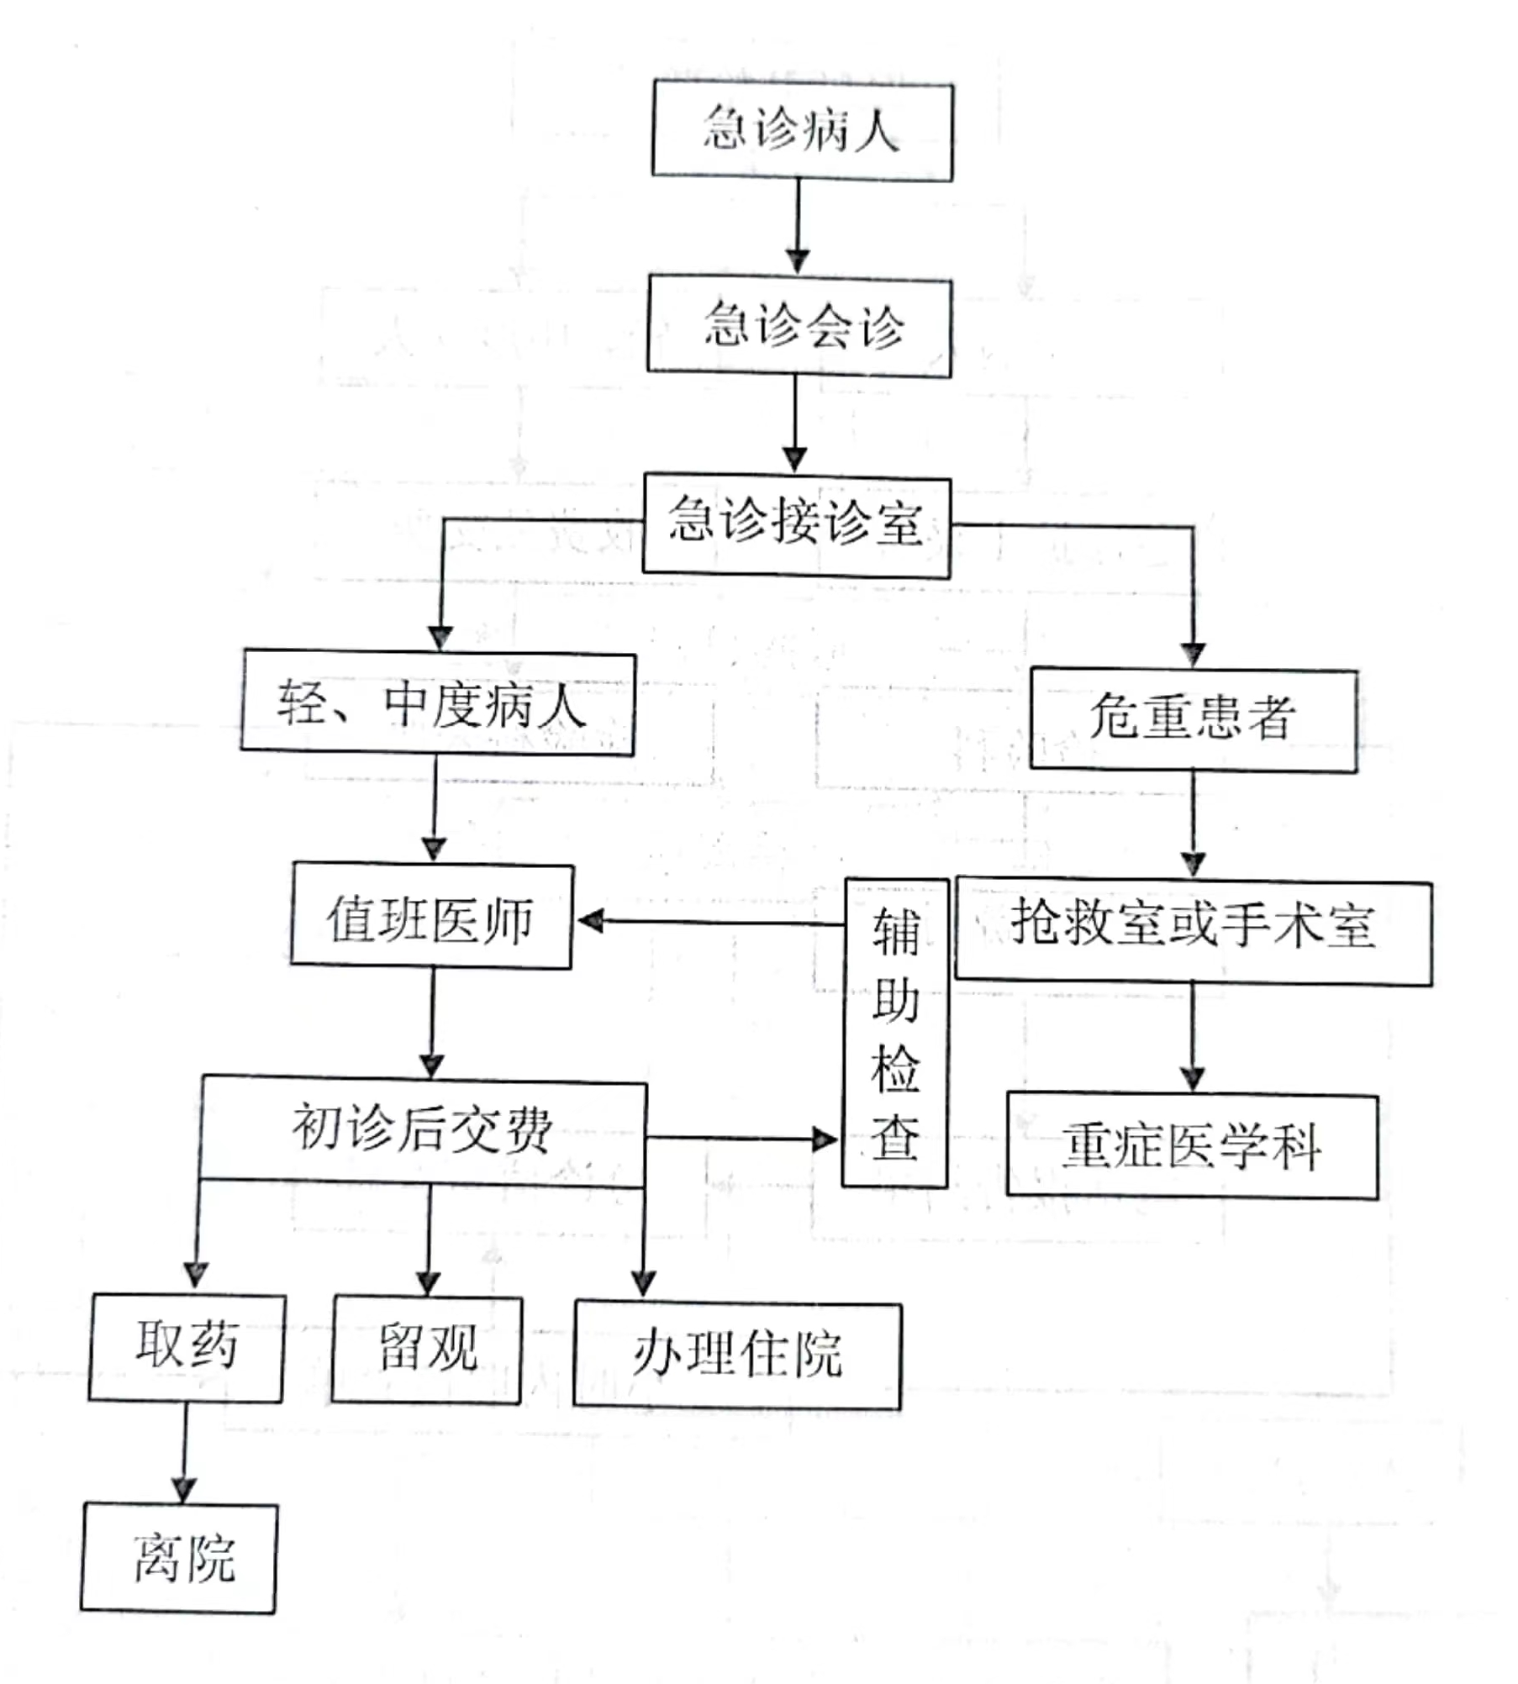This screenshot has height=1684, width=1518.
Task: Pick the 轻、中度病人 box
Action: point(438,703)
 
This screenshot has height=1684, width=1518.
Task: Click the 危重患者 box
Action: point(1194,719)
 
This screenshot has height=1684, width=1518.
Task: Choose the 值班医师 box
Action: point(432,915)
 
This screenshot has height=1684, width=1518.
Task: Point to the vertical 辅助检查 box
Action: point(896,1033)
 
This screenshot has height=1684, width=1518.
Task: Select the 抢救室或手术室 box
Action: point(1194,930)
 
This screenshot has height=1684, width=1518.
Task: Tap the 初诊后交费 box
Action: point(424,1131)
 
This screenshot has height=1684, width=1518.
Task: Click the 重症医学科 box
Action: point(1193,1146)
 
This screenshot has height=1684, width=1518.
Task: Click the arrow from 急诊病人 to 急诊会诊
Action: point(798,227)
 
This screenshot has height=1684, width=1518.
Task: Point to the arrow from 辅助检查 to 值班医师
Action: point(711,922)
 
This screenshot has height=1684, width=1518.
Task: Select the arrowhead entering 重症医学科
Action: point(1193,1079)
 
